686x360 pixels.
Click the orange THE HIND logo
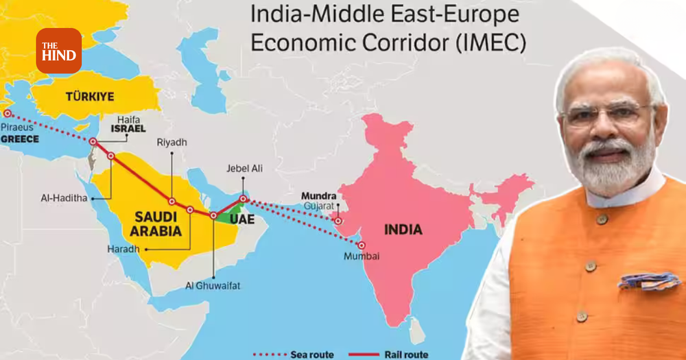(x=58, y=51)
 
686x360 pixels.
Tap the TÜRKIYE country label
(x=90, y=96)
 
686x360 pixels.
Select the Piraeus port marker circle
(x=8, y=114)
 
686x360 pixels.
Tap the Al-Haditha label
(x=64, y=198)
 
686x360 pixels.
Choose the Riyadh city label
(x=171, y=143)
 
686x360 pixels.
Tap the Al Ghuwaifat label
(x=212, y=285)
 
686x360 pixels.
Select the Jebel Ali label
(x=245, y=168)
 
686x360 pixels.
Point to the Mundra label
(x=318, y=195)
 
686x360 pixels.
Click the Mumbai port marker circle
(x=362, y=245)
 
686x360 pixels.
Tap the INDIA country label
(x=403, y=230)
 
